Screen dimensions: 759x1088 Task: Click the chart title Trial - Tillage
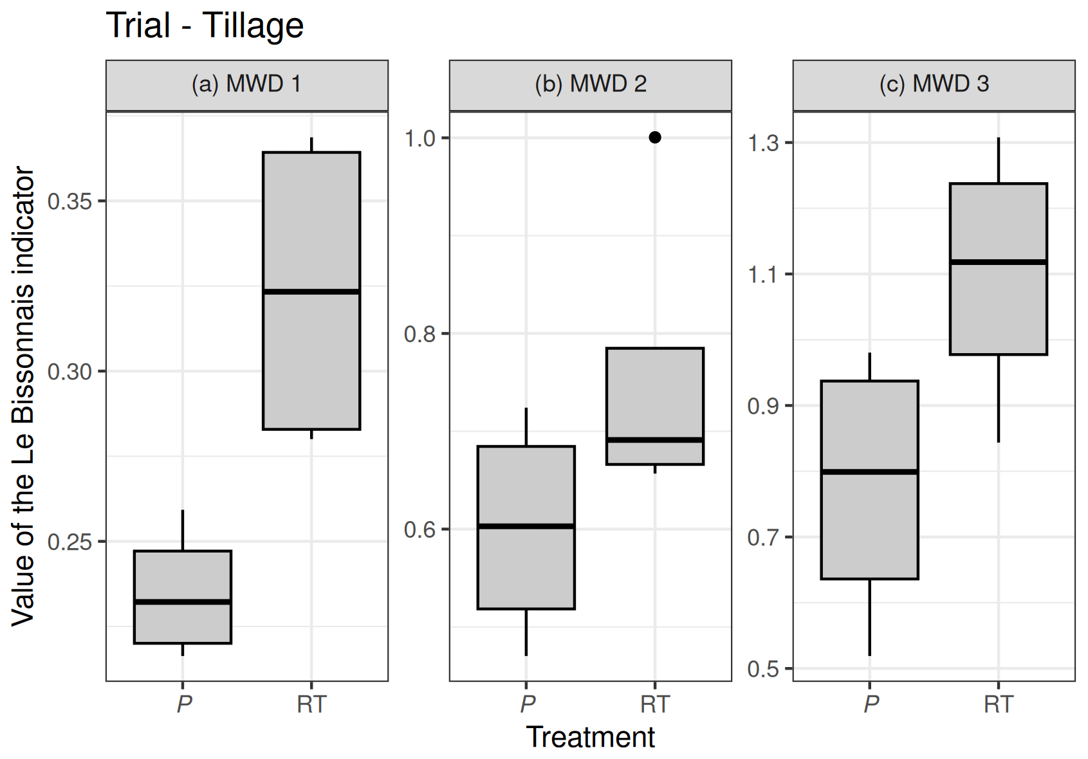205,26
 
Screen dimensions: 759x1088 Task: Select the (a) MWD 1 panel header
246,84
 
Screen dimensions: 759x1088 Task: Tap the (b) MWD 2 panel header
590,84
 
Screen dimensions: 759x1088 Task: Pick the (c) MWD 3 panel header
934,84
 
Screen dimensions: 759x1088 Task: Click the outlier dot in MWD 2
655,137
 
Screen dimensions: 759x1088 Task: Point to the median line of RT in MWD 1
311,292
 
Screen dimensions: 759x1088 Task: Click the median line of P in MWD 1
183,602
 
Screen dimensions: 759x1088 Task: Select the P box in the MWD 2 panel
526,566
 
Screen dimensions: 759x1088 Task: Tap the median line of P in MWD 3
870,471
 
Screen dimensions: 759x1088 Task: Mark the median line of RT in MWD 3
999,262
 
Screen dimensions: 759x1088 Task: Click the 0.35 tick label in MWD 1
70,201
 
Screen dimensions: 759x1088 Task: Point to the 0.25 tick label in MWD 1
70,542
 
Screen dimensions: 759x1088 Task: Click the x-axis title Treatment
590,737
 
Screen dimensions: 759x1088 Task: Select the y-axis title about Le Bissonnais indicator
23,396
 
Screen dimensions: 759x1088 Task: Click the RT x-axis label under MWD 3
999,704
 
